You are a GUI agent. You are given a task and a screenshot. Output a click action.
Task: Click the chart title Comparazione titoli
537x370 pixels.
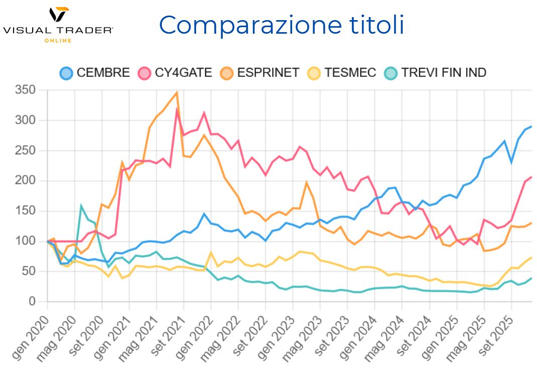pyautogui.click(x=282, y=25)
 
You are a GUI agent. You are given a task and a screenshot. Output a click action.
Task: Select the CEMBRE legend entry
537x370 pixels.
pyautogui.click(x=95, y=73)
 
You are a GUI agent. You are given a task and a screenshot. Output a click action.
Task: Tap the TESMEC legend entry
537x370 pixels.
pyautogui.click(x=342, y=73)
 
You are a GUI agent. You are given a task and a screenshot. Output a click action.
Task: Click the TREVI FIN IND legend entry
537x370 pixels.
pyautogui.click(x=435, y=73)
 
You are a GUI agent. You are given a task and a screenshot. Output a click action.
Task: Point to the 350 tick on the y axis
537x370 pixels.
pyautogui.click(x=26, y=90)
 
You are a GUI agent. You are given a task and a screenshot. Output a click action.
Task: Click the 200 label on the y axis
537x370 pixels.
pyautogui.click(x=26, y=181)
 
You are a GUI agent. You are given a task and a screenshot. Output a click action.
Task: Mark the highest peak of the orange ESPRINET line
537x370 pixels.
pyautogui.click(x=176, y=92)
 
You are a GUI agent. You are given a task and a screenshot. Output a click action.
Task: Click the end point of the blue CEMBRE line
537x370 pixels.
pyautogui.click(x=531, y=127)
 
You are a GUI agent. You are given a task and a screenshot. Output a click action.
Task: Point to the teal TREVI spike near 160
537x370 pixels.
pyautogui.click(x=81, y=206)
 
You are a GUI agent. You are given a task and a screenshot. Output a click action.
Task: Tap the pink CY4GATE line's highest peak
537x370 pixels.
pyautogui.click(x=177, y=109)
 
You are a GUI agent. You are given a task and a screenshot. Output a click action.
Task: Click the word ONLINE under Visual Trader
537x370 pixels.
pyautogui.click(x=58, y=41)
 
